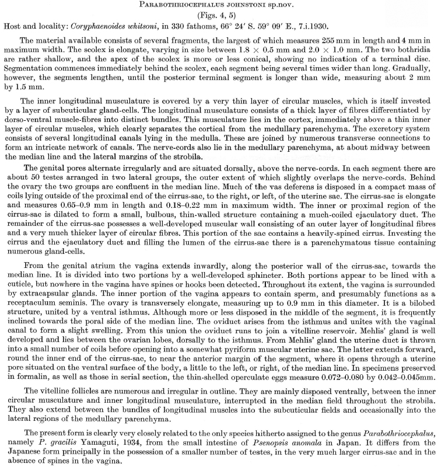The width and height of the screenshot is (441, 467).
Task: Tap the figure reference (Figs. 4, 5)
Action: click(220, 17)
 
